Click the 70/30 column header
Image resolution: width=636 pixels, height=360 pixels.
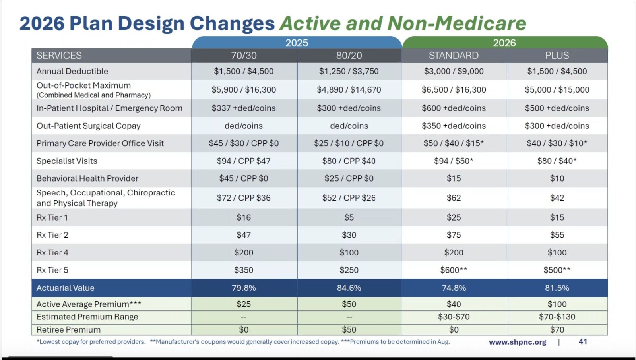point(244,56)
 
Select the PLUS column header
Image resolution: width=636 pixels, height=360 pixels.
point(557,56)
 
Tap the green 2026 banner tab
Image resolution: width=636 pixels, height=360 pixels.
point(504,43)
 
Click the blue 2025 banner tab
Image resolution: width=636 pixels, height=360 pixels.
point(297,43)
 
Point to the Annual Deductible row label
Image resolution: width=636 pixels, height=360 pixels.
point(72,71)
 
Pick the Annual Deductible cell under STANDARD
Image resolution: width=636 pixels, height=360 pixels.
point(454,71)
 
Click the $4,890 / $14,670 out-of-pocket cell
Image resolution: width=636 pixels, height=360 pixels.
point(349,90)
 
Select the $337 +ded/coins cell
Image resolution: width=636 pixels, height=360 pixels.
point(244,108)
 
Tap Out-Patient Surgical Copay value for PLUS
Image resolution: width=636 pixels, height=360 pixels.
point(557,126)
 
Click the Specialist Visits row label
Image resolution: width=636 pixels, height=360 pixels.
point(67,161)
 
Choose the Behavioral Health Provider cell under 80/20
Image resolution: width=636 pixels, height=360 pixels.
point(349,178)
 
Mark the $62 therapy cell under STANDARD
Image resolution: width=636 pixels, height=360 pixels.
point(454,198)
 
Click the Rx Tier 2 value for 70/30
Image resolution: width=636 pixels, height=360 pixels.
point(244,235)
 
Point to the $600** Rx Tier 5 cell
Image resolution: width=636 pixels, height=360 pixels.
point(454,270)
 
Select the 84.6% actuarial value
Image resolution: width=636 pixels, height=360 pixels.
point(349,288)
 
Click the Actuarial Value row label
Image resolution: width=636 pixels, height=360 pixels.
point(66,288)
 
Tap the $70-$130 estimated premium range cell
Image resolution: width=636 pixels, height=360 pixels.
point(557,317)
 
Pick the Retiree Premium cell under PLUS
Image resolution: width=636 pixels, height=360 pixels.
point(557,330)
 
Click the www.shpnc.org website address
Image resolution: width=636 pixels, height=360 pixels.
point(517,342)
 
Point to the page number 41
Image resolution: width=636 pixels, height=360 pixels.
point(583,341)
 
